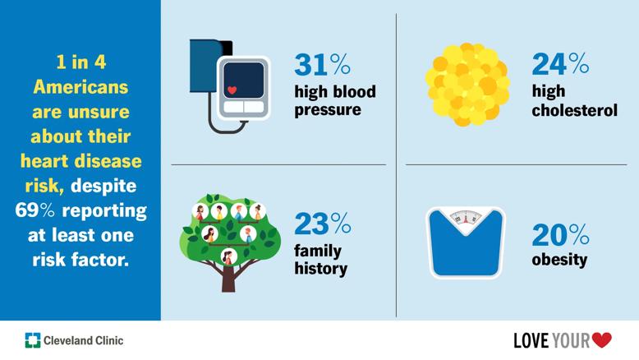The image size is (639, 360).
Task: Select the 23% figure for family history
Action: [x=323, y=223]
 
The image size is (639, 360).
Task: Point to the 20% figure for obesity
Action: [x=559, y=234]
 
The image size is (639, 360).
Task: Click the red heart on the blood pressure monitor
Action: [x=232, y=89]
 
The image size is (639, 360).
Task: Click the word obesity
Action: [x=559, y=261]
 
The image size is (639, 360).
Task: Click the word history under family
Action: [x=320, y=269]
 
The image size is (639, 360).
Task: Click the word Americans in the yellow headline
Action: [x=81, y=87]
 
